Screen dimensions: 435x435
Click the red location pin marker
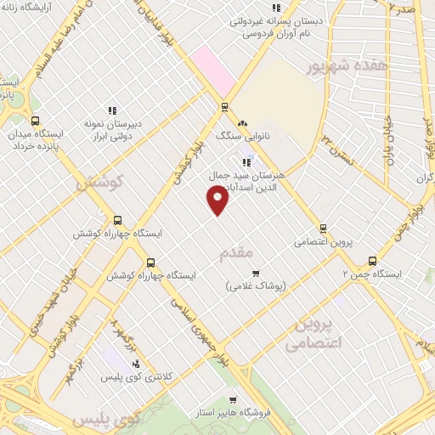218,200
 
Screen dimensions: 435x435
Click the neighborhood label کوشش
100,181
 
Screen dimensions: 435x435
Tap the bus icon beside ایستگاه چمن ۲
372,261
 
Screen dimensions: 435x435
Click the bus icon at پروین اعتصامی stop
323,228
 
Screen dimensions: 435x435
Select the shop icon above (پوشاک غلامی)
255,273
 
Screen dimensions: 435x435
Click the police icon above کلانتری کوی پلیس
136,363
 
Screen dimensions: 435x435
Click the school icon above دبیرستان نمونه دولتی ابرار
112,110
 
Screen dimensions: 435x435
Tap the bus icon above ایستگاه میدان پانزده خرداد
35,121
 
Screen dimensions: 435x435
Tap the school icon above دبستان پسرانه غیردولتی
298,8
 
